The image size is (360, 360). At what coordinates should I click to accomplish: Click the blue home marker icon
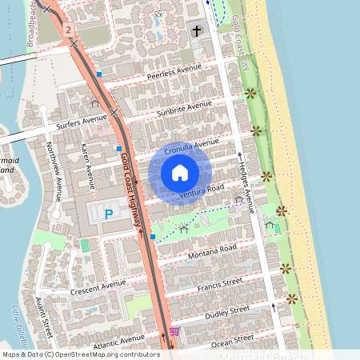(x=180, y=173)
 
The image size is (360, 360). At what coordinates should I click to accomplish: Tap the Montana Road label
(x=212, y=251)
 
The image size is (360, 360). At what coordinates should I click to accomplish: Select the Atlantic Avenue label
(x=118, y=342)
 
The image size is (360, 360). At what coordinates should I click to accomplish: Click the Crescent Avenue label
(x=98, y=286)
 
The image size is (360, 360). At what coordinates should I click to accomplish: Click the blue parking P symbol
(x=110, y=213)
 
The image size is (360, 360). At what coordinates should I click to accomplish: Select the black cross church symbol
(x=197, y=31)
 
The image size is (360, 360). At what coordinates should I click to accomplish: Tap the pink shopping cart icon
(x=174, y=331)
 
